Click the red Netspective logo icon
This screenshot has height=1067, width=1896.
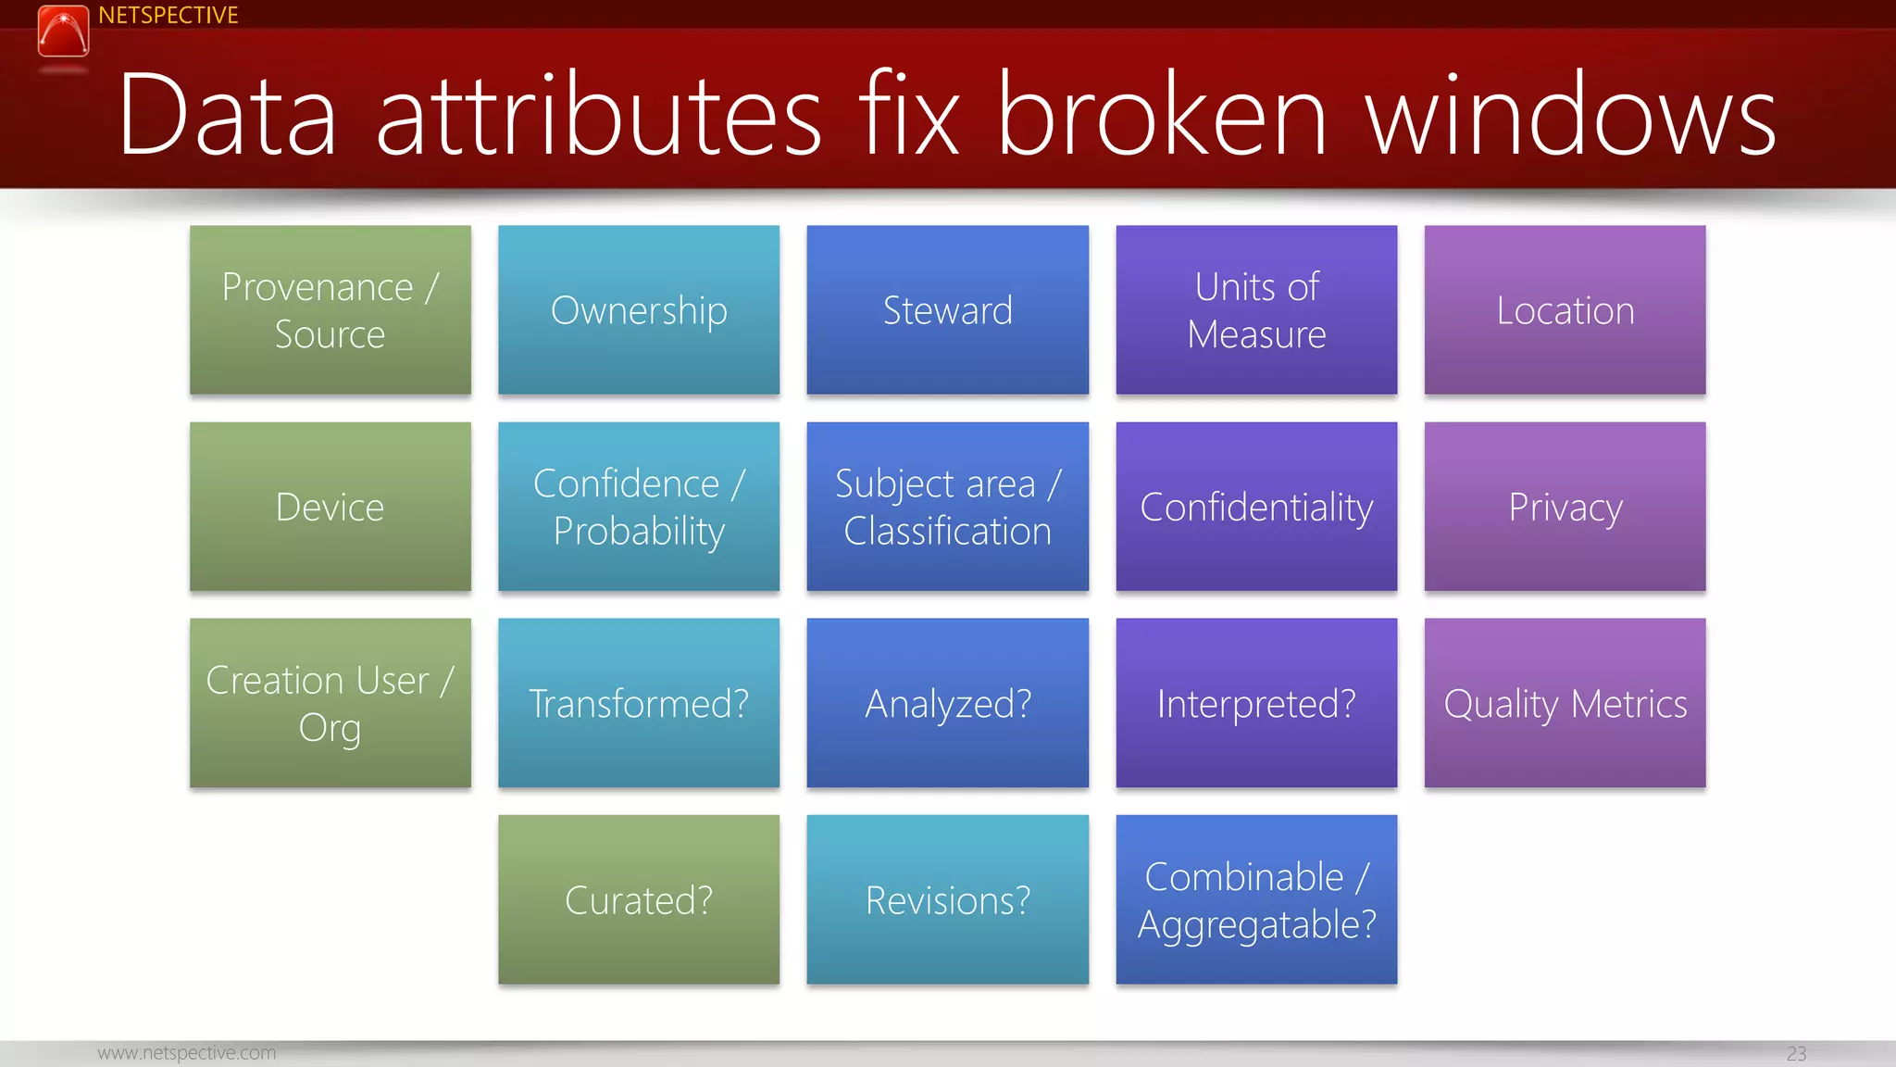[x=63, y=31]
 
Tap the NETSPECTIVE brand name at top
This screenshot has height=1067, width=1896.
[x=168, y=16]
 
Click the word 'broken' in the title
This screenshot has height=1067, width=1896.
[x=1163, y=115]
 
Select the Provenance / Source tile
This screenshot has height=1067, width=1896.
[x=331, y=310]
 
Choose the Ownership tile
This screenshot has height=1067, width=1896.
[x=639, y=310]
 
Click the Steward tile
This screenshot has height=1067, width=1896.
[x=947, y=310]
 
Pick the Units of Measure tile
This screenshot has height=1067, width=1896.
[x=1256, y=310]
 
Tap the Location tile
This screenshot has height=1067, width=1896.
[x=1565, y=310]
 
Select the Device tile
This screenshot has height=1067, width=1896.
[x=331, y=507]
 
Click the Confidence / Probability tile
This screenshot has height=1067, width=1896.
[x=639, y=507]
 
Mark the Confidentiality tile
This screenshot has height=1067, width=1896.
[x=1256, y=507]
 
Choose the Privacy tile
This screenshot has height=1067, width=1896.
[x=1565, y=507]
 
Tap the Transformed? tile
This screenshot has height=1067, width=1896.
[x=639, y=703]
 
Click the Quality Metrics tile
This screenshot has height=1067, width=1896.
[x=1565, y=703]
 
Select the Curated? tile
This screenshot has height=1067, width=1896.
[x=639, y=899]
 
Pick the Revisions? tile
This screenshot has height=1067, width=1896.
[x=947, y=899]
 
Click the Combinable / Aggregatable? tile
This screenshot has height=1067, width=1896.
[x=1256, y=899]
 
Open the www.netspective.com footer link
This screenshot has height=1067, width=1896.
[x=187, y=1053]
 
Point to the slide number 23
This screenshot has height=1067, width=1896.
[x=1796, y=1054]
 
